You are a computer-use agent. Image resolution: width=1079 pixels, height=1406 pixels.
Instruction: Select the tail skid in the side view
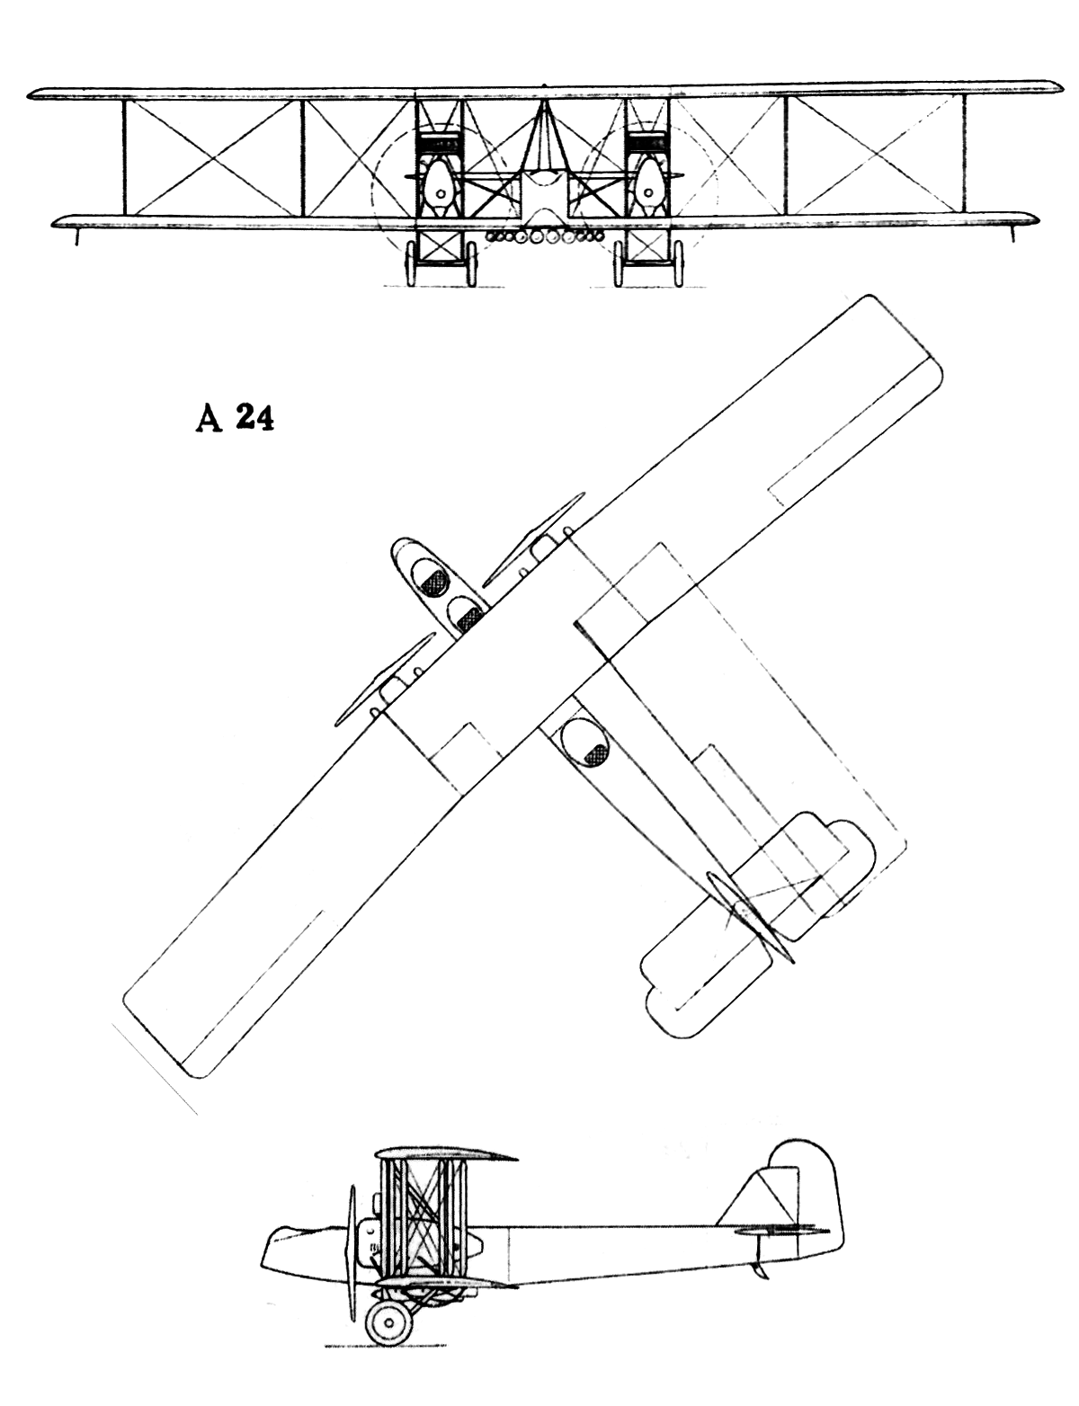764,1270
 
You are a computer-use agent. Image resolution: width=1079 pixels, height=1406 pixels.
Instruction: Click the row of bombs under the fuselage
544,237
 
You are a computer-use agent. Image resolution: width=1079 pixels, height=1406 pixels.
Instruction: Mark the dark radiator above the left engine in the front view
441,144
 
